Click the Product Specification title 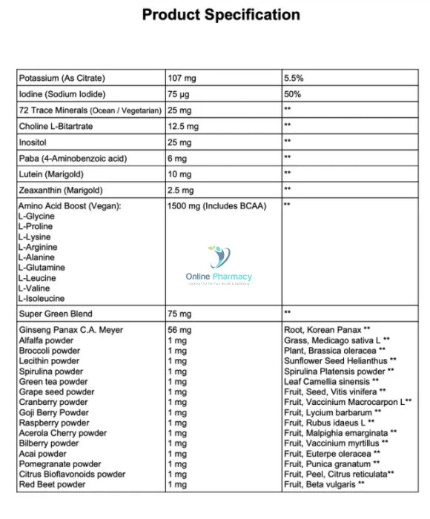click(x=220, y=15)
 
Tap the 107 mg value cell click(x=182, y=78)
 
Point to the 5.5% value click(x=293, y=78)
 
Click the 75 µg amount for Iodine click(x=180, y=94)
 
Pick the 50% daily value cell click(x=291, y=94)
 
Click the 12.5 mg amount click(x=184, y=126)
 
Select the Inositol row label click(x=33, y=142)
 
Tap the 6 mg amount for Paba click(x=178, y=157)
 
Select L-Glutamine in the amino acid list click(x=42, y=267)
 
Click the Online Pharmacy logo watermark click(x=218, y=268)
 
